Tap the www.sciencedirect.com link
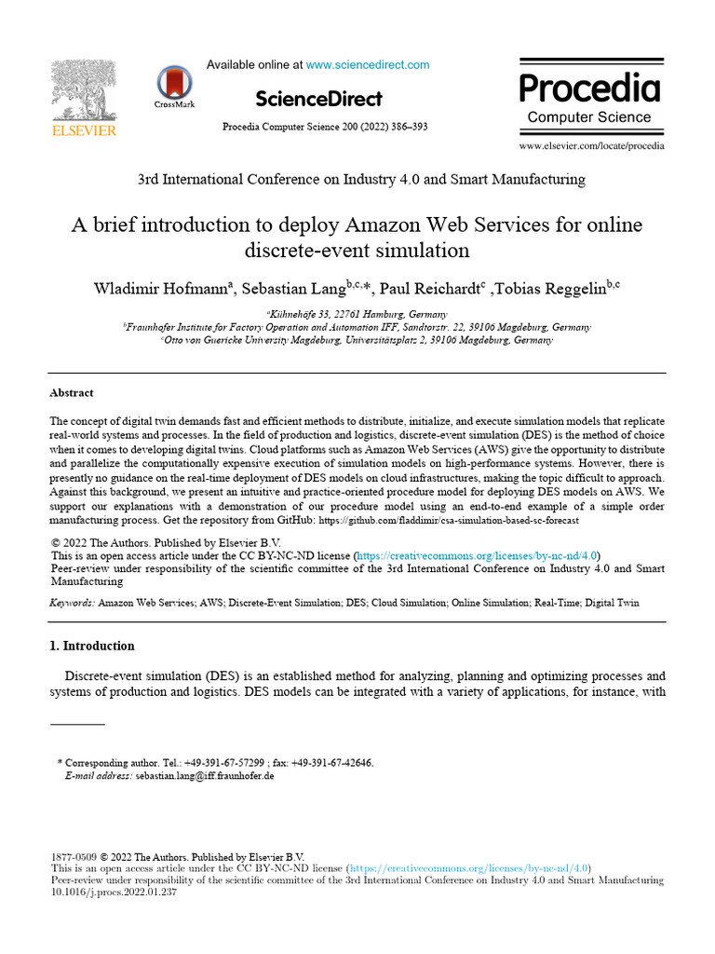click(x=368, y=64)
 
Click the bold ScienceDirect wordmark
click(x=318, y=99)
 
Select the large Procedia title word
click(x=589, y=89)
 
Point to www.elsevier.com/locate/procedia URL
click(x=591, y=145)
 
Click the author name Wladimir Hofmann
click(x=159, y=289)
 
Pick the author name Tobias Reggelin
click(x=553, y=289)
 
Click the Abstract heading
click(x=72, y=393)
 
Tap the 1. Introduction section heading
click(x=92, y=646)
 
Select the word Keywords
click(x=71, y=604)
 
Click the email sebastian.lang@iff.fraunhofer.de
click(x=205, y=775)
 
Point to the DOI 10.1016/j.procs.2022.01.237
click(x=114, y=892)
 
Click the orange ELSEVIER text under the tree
click(x=83, y=131)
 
